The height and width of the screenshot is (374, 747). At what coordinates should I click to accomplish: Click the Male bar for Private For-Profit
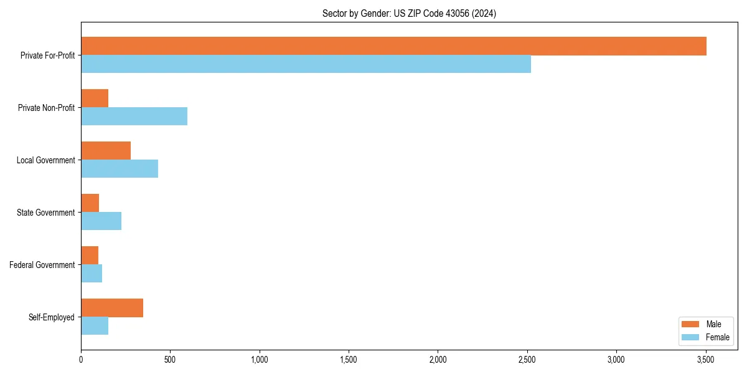tap(393, 46)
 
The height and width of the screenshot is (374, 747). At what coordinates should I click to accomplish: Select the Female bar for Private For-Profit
tap(306, 64)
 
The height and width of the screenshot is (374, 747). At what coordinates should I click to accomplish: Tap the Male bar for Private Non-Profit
tap(95, 98)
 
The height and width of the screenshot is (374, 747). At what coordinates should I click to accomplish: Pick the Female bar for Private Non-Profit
tap(134, 117)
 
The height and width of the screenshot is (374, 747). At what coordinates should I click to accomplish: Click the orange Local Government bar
tap(106, 151)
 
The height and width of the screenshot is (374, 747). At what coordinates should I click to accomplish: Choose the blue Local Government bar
tap(120, 169)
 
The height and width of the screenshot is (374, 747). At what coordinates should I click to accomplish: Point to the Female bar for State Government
tap(101, 221)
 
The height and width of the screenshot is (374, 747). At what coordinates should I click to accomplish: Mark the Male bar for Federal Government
tap(90, 256)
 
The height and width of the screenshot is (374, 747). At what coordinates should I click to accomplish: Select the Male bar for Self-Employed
tap(112, 308)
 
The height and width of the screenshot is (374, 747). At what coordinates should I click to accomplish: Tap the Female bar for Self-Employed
tap(95, 326)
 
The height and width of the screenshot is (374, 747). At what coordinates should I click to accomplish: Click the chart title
tap(409, 13)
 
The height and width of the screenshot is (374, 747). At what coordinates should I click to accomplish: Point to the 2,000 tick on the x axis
tap(438, 359)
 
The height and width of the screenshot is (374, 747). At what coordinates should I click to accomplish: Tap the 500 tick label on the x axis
tap(170, 359)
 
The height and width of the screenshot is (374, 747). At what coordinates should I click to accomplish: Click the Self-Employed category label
tap(52, 317)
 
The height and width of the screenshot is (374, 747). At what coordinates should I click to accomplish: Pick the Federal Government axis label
tap(42, 265)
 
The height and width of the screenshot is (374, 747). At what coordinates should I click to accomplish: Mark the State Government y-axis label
tap(46, 213)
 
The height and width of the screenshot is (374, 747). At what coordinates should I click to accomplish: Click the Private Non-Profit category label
tap(47, 108)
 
